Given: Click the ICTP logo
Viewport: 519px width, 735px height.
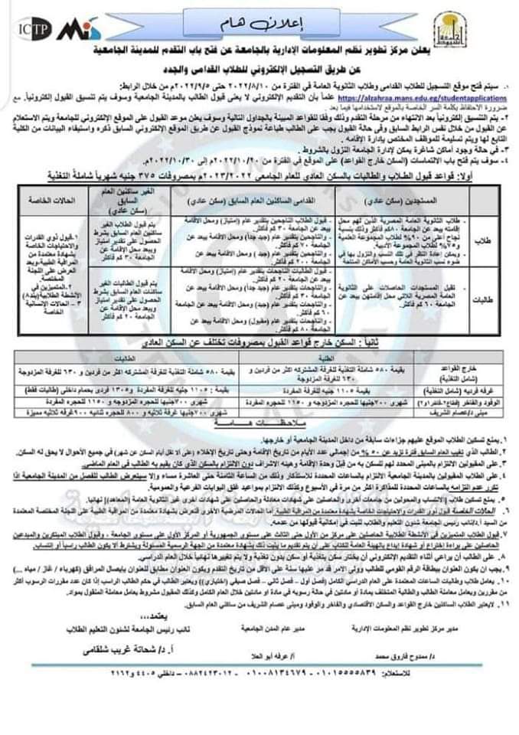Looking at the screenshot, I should pyautogui.click(x=32, y=30).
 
